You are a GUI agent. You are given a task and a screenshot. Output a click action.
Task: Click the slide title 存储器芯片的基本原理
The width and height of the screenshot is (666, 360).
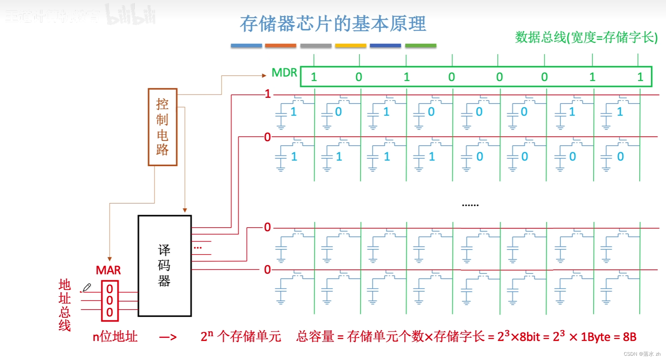(x=333, y=24)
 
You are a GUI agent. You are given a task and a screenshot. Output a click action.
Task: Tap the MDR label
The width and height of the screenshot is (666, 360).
(x=284, y=73)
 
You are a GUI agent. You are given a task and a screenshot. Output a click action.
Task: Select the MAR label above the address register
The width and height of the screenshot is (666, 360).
(x=108, y=270)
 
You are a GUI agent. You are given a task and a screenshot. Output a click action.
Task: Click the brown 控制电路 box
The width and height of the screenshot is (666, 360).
(x=162, y=127)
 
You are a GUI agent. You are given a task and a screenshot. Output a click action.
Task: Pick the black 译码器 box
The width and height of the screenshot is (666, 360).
(x=165, y=266)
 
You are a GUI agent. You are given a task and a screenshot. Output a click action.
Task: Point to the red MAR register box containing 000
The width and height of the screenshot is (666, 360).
(x=110, y=301)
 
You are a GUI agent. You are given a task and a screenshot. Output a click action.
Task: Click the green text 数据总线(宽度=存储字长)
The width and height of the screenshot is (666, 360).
(x=586, y=37)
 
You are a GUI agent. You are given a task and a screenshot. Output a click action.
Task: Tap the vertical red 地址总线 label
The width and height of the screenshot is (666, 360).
(x=65, y=305)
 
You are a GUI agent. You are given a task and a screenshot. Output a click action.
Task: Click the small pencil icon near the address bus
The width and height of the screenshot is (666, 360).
(x=87, y=287)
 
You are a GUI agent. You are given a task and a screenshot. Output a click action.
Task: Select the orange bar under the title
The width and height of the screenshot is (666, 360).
(x=281, y=46)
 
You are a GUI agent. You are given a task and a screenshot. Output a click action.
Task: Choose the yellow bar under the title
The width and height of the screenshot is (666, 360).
(x=350, y=46)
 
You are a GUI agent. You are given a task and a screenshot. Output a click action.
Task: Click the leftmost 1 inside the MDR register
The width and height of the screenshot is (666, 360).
(x=314, y=77)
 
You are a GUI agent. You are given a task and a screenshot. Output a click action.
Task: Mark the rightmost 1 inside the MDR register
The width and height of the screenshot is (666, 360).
(x=640, y=77)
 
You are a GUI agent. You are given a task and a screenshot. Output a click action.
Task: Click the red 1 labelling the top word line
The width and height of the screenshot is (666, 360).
(x=268, y=94)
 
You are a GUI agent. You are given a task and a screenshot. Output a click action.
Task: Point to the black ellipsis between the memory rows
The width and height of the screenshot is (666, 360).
(x=470, y=205)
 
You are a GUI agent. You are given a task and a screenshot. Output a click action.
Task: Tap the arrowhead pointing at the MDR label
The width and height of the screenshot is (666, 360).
(x=264, y=76)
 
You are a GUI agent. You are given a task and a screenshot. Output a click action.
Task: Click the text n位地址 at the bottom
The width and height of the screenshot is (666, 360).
(x=115, y=337)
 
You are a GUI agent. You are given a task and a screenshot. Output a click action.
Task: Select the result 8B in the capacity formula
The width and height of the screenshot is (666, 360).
(x=629, y=337)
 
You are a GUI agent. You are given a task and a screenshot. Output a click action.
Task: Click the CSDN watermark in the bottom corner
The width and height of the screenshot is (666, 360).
(x=642, y=354)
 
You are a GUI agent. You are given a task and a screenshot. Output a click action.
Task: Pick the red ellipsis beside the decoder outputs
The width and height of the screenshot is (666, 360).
(x=198, y=248)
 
